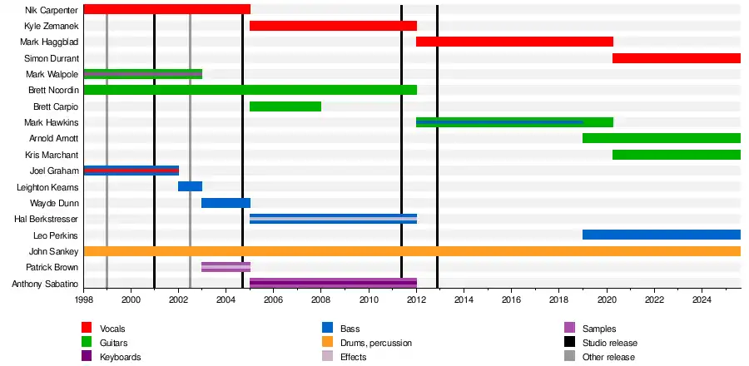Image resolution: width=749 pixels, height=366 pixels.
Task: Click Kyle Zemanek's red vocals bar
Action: (x=333, y=26)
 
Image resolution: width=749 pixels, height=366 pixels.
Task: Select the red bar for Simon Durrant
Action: (x=676, y=58)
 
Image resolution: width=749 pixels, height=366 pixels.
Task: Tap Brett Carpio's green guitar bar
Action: (x=285, y=106)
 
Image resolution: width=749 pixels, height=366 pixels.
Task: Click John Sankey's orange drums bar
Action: (x=412, y=251)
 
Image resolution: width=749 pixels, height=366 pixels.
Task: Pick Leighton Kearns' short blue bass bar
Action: (x=190, y=186)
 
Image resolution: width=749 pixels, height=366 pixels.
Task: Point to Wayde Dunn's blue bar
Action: (x=226, y=203)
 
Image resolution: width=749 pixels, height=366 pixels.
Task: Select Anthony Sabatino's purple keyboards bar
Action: (x=333, y=284)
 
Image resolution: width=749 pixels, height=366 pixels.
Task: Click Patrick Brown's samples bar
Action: (x=226, y=267)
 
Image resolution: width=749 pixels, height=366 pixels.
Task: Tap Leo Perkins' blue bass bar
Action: (x=661, y=235)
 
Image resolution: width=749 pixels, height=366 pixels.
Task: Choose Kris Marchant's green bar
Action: (x=676, y=155)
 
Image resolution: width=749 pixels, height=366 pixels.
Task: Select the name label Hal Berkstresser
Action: (x=47, y=219)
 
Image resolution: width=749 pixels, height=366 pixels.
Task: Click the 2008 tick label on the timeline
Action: (x=321, y=299)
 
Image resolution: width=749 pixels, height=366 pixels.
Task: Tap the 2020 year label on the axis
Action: (x=607, y=299)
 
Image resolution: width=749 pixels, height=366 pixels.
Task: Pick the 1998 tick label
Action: (x=84, y=299)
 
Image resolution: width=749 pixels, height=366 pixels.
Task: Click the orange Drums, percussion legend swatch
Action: (x=326, y=343)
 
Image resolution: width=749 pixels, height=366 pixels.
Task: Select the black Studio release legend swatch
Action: (x=569, y=343)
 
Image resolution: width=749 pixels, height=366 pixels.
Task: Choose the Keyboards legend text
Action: (x=122, y=357)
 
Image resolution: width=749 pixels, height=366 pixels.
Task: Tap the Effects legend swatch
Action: (x=326, y=357)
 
